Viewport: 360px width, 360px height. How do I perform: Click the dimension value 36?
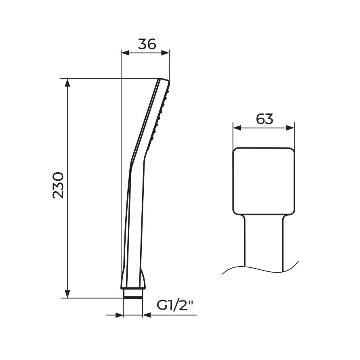147,44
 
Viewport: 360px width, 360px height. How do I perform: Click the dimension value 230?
58,185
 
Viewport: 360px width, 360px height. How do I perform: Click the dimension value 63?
265,119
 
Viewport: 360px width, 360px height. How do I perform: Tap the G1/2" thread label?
175,306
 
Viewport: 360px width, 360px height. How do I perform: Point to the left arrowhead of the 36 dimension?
125,53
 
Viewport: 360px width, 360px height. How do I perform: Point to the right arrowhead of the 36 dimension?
166,53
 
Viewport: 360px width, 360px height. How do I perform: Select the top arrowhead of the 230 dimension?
68,82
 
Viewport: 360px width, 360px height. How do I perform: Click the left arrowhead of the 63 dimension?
237,128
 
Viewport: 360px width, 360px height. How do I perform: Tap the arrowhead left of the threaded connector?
120,315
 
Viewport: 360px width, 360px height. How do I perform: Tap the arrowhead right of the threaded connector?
147,315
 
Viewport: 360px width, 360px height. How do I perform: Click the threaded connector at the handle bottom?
133,293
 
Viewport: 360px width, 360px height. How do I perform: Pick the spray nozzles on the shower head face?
159,117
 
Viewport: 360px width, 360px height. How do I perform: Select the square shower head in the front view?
264,180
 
